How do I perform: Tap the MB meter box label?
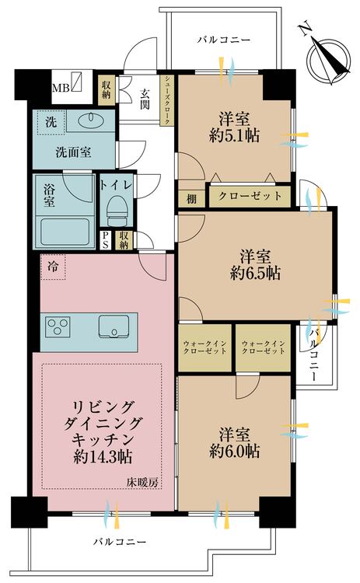60,87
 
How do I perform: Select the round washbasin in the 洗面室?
86,120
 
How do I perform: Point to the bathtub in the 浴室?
67,229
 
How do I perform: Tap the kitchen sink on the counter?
114,326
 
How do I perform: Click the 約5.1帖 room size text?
234,135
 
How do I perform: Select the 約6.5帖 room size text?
255,274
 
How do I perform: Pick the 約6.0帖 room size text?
234,452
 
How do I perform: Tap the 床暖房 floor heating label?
143,483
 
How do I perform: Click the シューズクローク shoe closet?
166,99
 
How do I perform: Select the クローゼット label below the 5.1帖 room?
250,196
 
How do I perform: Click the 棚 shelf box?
191,197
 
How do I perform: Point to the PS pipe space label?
106,241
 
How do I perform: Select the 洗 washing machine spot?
50,122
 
